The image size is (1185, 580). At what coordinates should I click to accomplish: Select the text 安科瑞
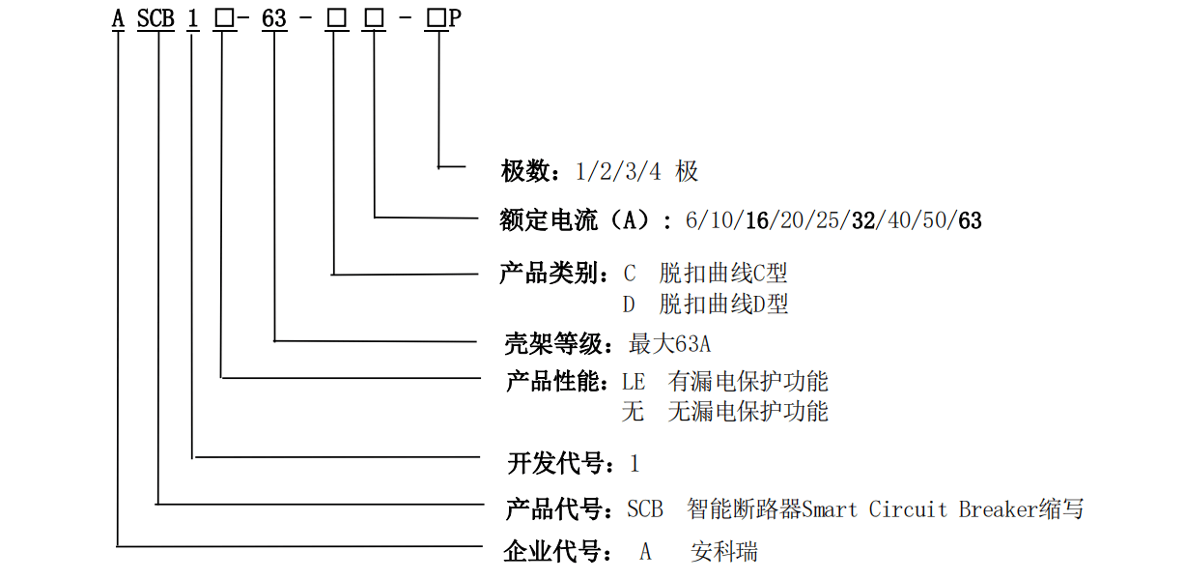click(x=724, y=552)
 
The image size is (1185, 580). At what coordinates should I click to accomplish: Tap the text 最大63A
click(x=669, y=343)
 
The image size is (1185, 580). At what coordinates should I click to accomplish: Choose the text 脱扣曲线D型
click(x=724, y=304)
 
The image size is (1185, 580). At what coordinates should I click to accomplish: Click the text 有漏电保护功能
click(x=748, y=381)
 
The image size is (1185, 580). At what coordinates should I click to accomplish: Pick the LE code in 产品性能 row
click(x=634, y=381)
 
